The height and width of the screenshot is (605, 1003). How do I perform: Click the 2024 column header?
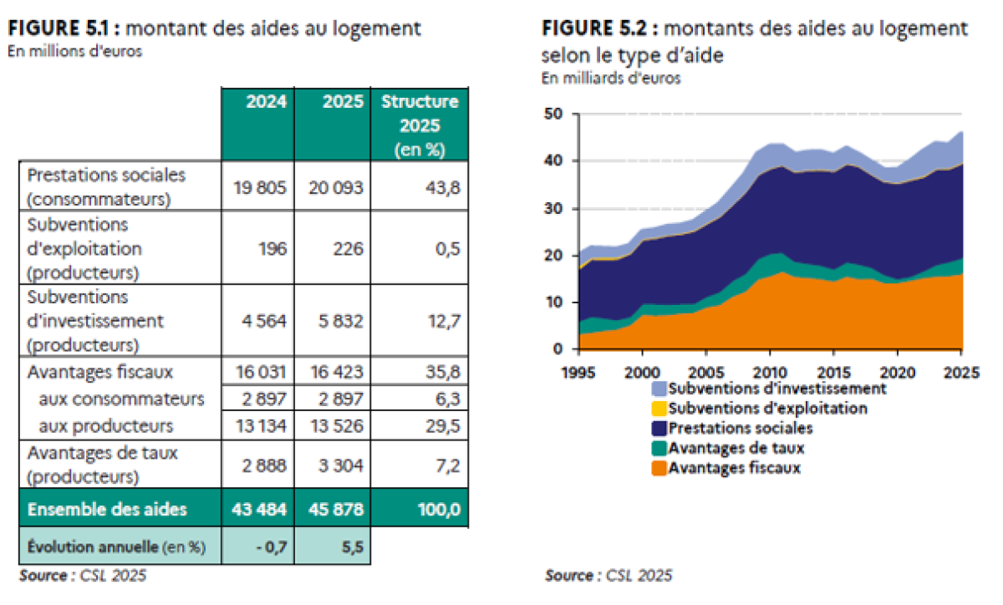266,102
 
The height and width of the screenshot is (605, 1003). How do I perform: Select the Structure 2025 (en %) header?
420,125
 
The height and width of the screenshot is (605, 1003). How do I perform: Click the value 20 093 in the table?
335,187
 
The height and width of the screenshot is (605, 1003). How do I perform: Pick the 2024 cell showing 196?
272,248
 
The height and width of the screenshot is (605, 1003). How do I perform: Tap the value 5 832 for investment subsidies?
340,321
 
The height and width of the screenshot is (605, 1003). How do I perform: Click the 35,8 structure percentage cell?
442,372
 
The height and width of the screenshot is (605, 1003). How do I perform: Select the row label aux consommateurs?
121,399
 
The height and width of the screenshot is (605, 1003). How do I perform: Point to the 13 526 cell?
336,425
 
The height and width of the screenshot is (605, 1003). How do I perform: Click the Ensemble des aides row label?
107,509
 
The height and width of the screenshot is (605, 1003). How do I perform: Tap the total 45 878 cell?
336,509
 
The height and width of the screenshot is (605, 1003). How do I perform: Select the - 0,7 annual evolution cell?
272,547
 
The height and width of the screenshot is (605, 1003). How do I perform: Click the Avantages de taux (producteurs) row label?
102,465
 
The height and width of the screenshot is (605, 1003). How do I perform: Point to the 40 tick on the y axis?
553,160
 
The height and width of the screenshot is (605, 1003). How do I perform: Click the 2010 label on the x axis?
770,372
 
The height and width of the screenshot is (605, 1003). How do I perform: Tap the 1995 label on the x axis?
578,372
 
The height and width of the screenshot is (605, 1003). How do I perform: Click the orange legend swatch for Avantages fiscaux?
659,468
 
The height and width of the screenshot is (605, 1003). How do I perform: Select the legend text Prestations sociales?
741,428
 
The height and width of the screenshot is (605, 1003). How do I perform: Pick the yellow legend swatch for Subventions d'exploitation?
659,409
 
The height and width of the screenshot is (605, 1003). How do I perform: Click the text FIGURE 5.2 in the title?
594,28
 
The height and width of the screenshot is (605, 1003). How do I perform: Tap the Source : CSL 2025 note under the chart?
608,575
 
